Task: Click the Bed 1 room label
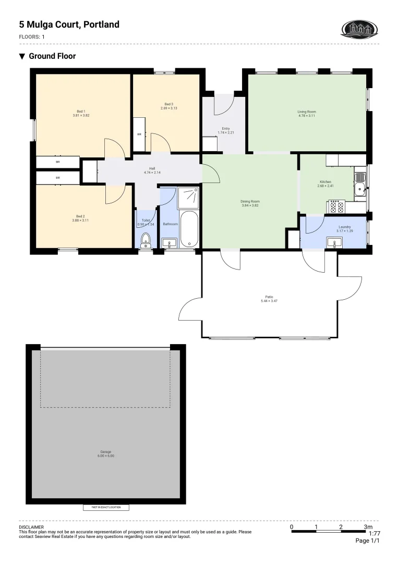[x=81, y=111]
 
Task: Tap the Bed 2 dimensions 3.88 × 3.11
[x=80, y=221]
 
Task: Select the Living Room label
[x=307, y=112]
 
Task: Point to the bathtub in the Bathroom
[x=189, y=229]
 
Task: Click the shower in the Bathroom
[x=188, y=198]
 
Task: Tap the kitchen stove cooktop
[x=336, y=207]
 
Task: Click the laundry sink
[x=334, y=242]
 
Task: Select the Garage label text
[x=106, y=451]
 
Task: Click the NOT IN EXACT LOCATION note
[x=106, y=507]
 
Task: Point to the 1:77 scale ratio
[x=374, y=533]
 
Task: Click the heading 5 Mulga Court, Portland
[x=69, y=25]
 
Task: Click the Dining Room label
[x=250, y=201]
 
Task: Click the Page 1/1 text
[x=367, y=541]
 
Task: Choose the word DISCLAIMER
[x=31, y=528]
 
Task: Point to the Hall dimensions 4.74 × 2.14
[x=152, y=173]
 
